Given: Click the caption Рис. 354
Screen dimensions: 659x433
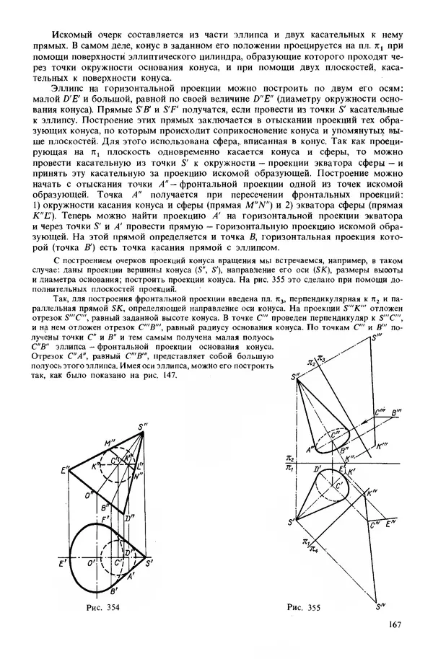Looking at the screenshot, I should pyautogui.click(x=101, y=607).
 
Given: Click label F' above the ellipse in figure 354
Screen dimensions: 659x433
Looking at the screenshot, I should pyautogui.click(x=105, y=518).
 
